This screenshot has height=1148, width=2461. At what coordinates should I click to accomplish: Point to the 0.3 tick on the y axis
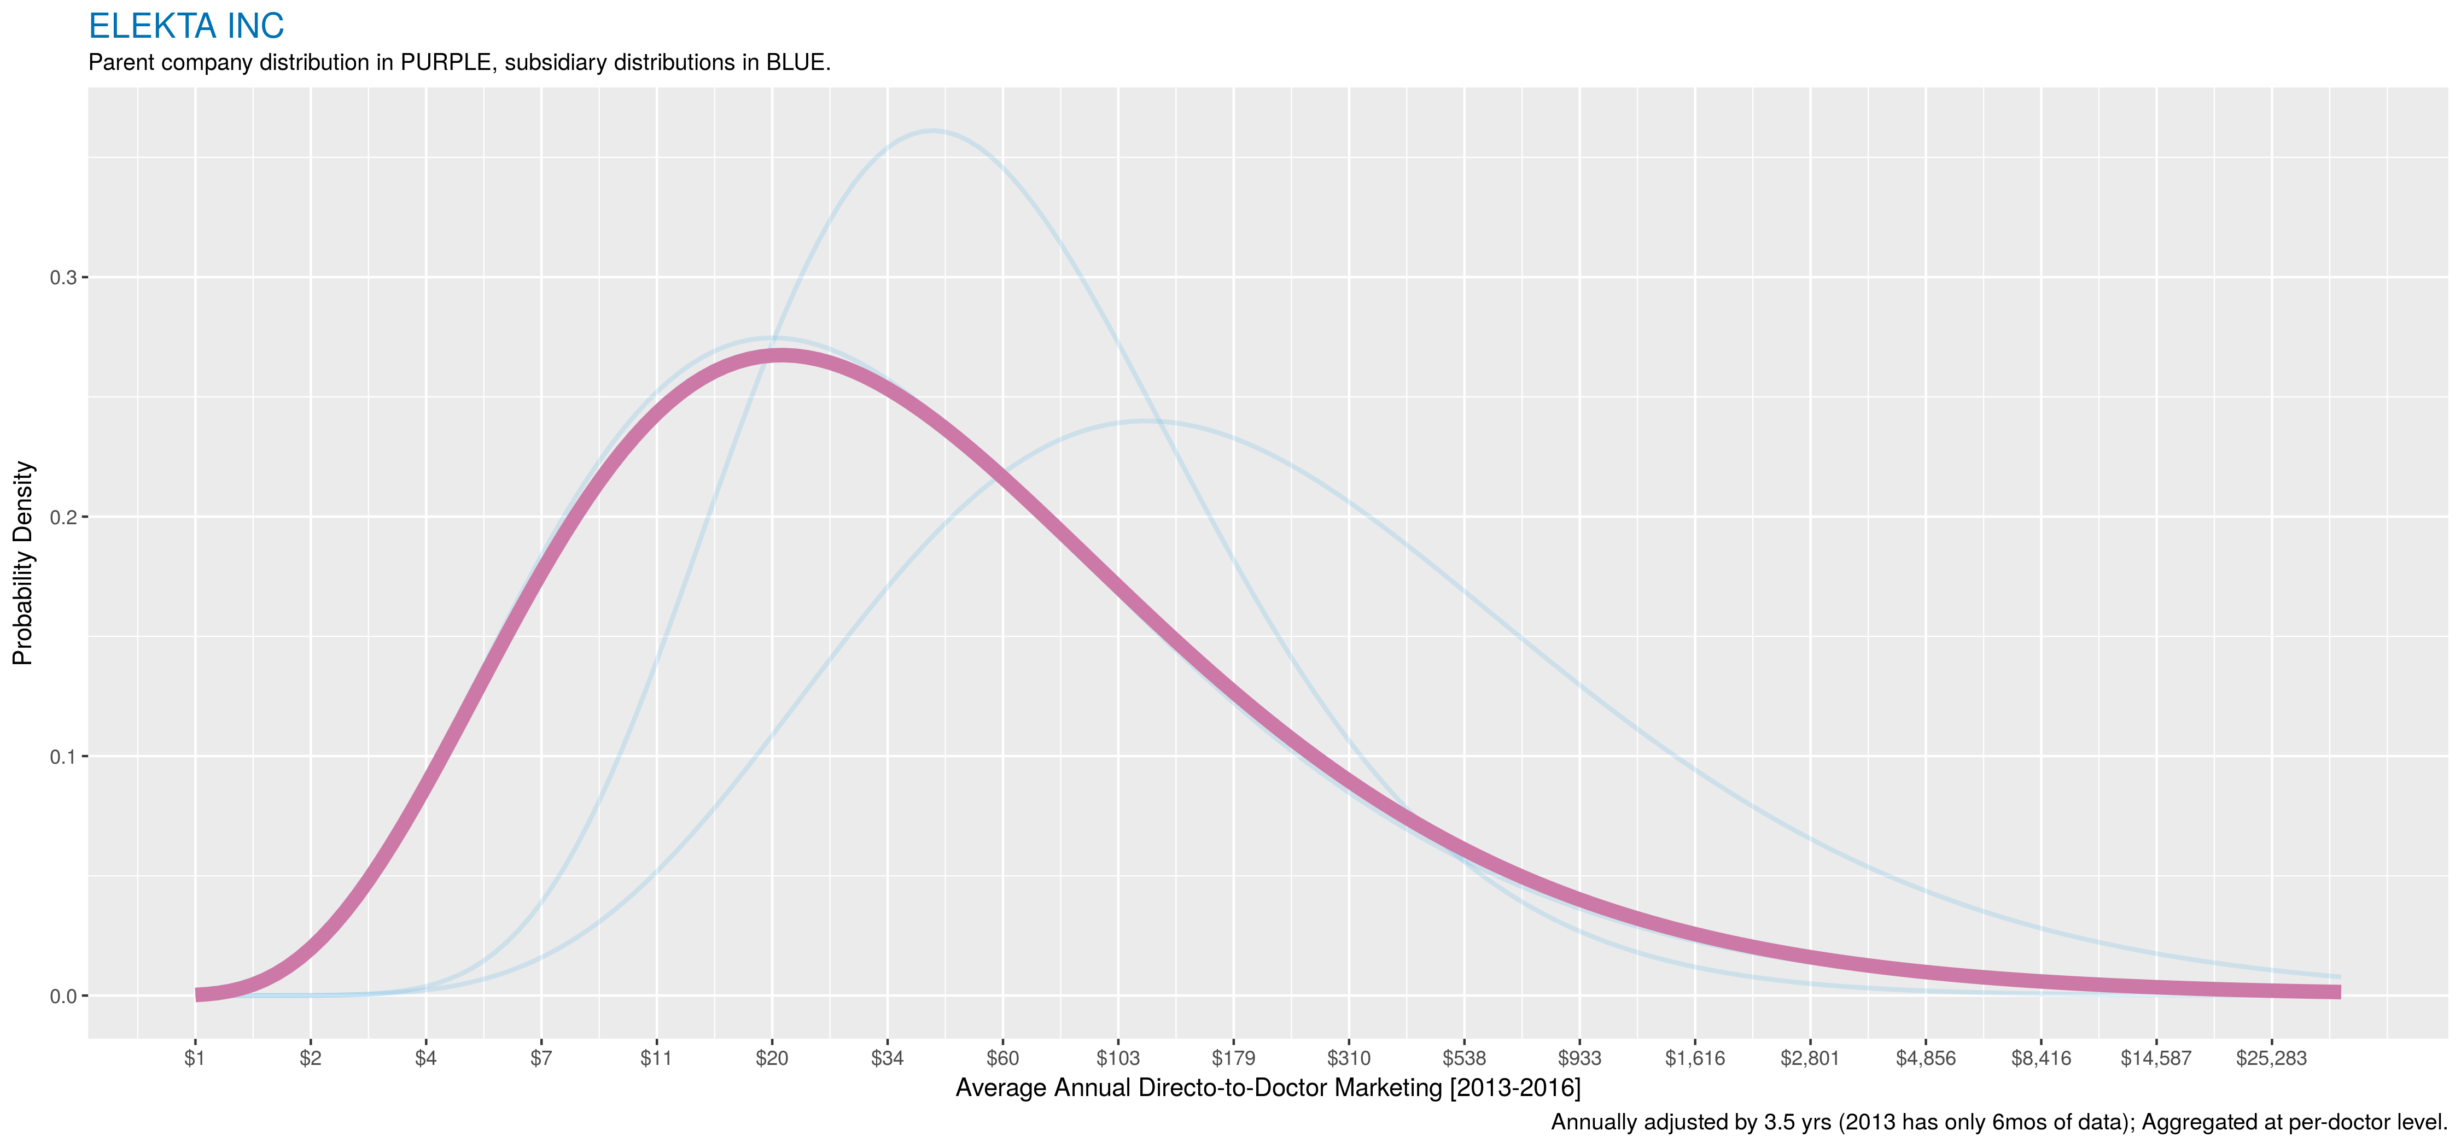pos(62,278)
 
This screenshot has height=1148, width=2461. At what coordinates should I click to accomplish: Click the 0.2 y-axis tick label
pos(62,518)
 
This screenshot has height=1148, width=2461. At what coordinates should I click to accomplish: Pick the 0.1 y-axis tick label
pos(62,757)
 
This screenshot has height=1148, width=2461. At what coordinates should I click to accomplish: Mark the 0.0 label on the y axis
pos(62,996)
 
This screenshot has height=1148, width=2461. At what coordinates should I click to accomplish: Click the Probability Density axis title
pos(23,564)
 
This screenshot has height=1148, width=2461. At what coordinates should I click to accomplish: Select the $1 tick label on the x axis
pos(195,1058)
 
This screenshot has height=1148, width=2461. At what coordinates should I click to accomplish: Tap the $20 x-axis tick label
pos(772,1058)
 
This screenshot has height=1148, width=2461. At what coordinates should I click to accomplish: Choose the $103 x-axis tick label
pos(1118,1058)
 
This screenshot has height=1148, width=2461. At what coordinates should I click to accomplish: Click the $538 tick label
pos(1463,1058)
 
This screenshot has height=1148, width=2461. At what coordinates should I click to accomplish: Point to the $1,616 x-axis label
pos(1695,1058)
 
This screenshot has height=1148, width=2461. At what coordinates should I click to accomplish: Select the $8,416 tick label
pos(2040,1058)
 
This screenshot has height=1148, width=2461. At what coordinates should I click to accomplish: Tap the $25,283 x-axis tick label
pos(2271,1058)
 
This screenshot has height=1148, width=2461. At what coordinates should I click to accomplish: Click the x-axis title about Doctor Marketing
pos(1268,1088)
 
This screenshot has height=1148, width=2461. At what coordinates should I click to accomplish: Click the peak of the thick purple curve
pos(782,356)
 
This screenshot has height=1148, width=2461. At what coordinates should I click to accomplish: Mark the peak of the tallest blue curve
pos(932,131)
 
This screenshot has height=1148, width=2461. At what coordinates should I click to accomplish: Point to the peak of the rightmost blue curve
pos(1146,420)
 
